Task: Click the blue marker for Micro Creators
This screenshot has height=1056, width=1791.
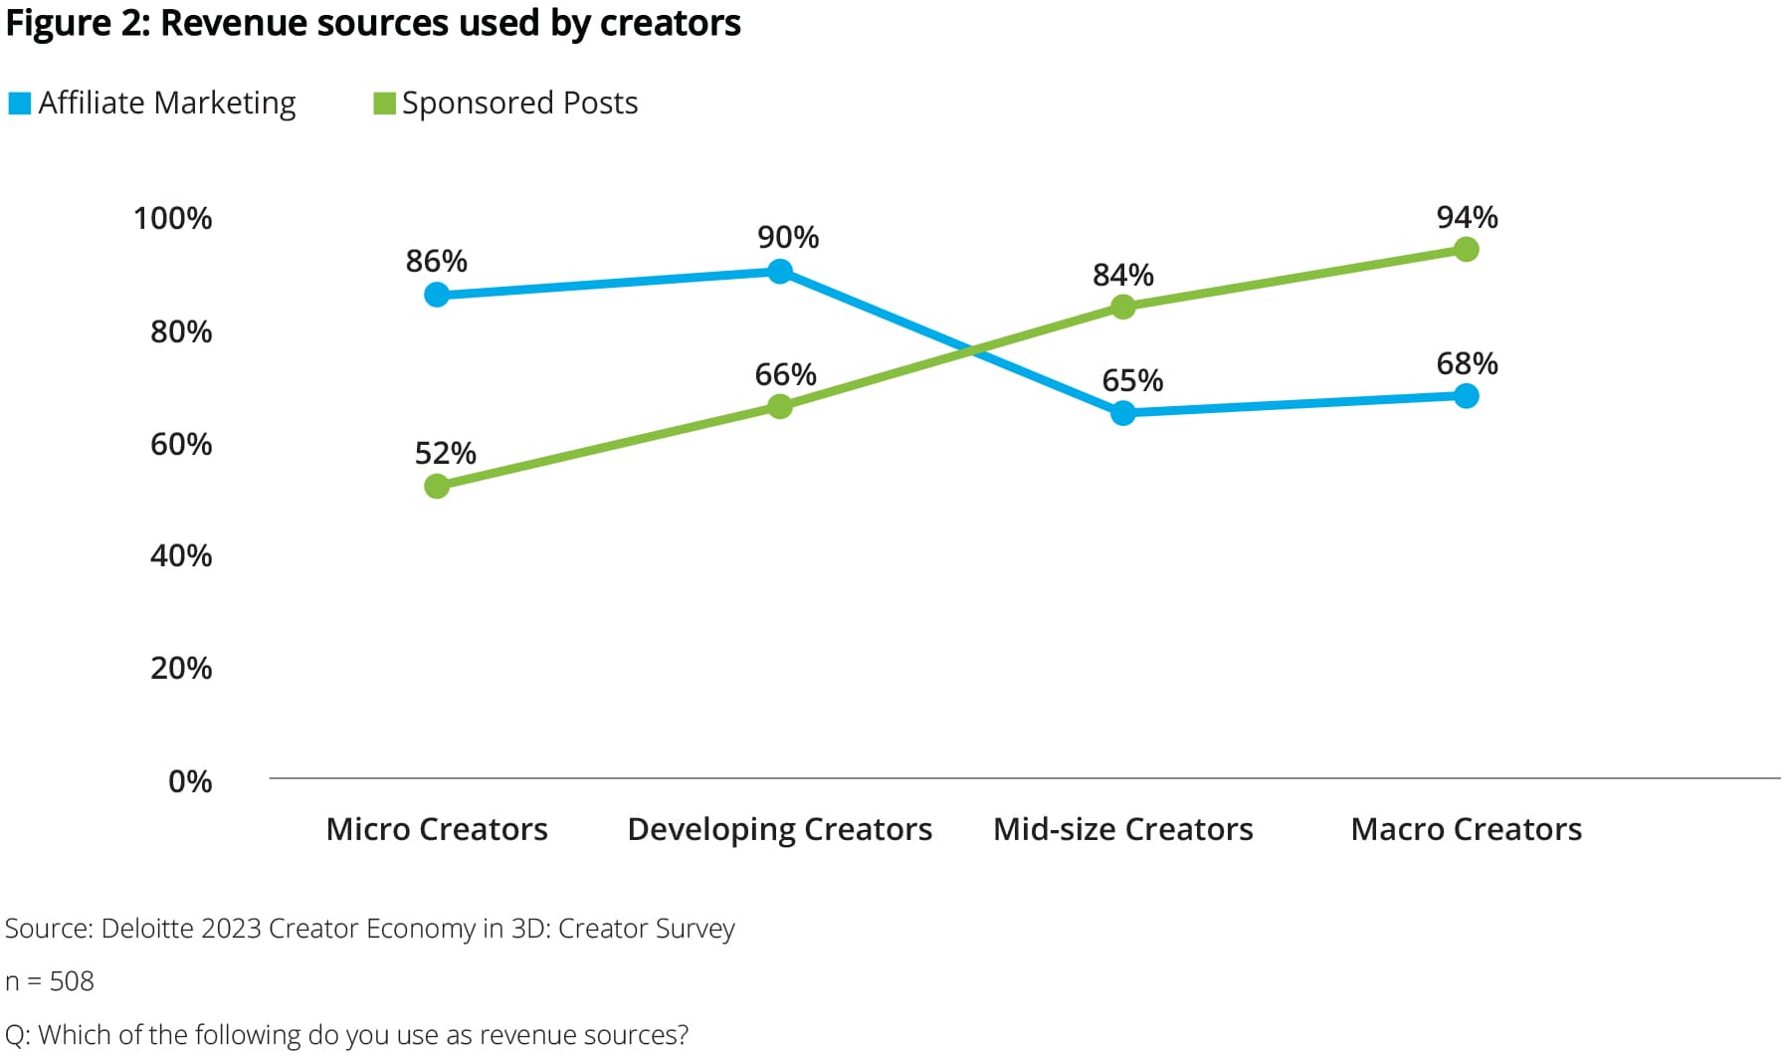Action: [x=436, y=295]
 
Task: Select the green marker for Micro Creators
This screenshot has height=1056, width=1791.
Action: [x=436, y=486]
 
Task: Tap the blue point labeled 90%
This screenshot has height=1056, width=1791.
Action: [x=780, y=272]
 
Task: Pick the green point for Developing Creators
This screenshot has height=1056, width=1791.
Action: [x=780, y=406]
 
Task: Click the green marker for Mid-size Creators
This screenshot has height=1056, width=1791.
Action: [x=1122, y=307]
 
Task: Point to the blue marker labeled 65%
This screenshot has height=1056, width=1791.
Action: [x=1122, y=413]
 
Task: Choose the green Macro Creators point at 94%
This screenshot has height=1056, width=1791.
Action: [x=1466, y=249]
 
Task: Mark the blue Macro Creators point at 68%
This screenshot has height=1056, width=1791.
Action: [x=1466, y=396]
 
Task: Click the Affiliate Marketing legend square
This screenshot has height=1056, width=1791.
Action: [x=19, y=104]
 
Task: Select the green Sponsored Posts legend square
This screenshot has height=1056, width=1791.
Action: [x=384, y=104]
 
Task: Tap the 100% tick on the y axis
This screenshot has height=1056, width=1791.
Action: [x=172, y=219]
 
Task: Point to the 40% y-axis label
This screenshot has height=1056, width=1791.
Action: [x=180, y=555]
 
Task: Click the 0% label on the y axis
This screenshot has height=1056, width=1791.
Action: [x=189, y=781]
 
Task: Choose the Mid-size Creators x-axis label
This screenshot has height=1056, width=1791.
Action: [x=1122, y=829]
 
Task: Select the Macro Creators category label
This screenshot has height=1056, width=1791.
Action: [x=1466, y=829]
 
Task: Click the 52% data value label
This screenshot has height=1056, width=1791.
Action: [x=445, y=454]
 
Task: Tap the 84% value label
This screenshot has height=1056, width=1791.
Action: [x=1122, y=275]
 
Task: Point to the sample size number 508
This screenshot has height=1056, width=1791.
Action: [x=72, y=981]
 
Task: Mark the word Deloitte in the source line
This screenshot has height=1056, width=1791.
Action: [x=147, y=929]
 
